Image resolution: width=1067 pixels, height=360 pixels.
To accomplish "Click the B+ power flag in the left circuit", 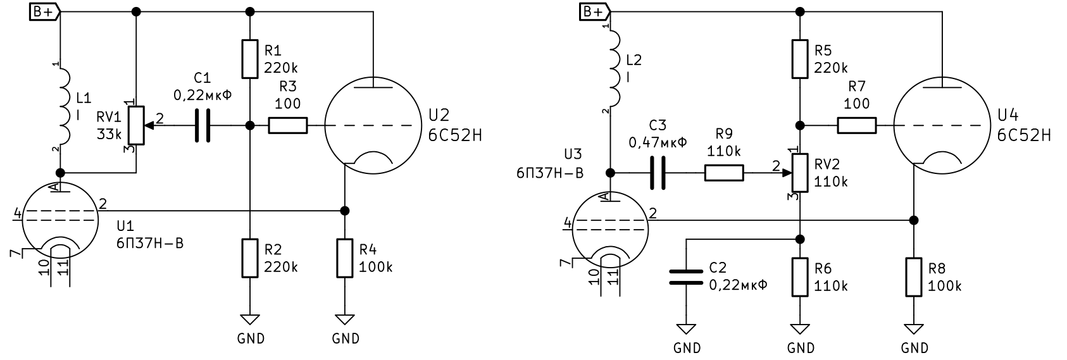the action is click(x=45, y=11).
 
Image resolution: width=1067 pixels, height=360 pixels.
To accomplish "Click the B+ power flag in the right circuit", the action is click(x=595, y=11).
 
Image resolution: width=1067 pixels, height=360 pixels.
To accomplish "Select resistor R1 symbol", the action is click(x=250, y=59).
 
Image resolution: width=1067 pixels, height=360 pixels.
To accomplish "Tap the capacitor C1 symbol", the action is click(x=203, y=126).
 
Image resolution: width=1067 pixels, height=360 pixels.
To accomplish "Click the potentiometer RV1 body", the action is click(x=137, y=126).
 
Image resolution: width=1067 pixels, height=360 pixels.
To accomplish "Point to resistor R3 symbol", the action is click(x=288, y=126).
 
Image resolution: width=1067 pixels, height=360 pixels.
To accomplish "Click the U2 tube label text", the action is click(x=439, y=115).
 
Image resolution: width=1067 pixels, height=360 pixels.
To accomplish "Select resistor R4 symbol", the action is click(x=345, y=258).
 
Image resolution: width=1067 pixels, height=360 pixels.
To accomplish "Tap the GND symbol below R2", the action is click(x=250, y=320).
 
